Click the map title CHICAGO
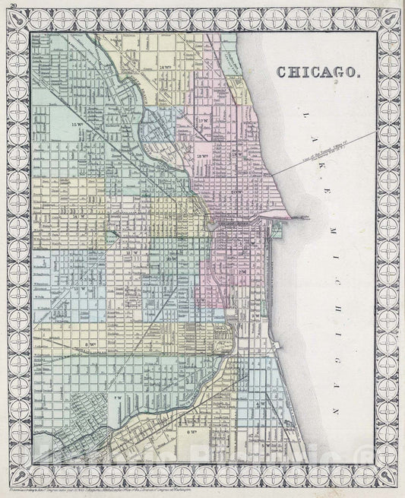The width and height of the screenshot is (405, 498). (320, 72)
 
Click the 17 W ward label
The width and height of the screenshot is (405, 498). (201, 121)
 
